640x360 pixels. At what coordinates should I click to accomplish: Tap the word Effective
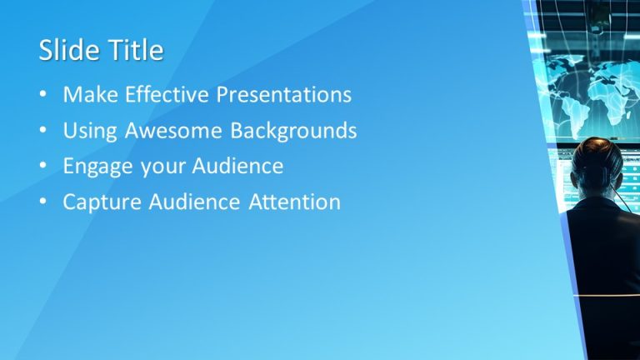[x=167, y=95]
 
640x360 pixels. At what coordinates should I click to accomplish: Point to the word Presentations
[x=284, y=95]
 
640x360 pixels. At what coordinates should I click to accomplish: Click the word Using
[x=89, y=131]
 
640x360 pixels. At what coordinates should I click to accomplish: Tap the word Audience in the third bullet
[x=238, y=167]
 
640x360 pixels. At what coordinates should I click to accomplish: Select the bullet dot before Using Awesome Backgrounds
[x=43, y=132]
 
